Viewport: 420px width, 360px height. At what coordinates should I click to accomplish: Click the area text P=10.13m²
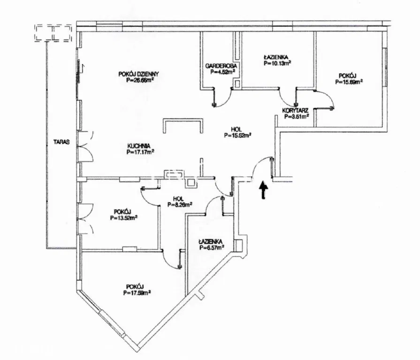coord(277,62)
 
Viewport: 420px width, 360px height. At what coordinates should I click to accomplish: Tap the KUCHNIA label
coord(140,145)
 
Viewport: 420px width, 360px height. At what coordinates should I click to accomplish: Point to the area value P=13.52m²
coord(124,217)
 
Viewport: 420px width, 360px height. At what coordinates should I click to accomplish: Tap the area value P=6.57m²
coord(211,247)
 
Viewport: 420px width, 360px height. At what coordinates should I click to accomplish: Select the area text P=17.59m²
coord(137,293)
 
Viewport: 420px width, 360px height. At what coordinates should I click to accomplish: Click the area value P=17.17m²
coord(140,152)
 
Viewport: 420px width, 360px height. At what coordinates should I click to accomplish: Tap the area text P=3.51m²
coord(295,117)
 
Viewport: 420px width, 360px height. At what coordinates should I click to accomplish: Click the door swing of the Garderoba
coord(224,98)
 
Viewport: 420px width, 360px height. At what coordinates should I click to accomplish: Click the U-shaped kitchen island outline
coord(183,123)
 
